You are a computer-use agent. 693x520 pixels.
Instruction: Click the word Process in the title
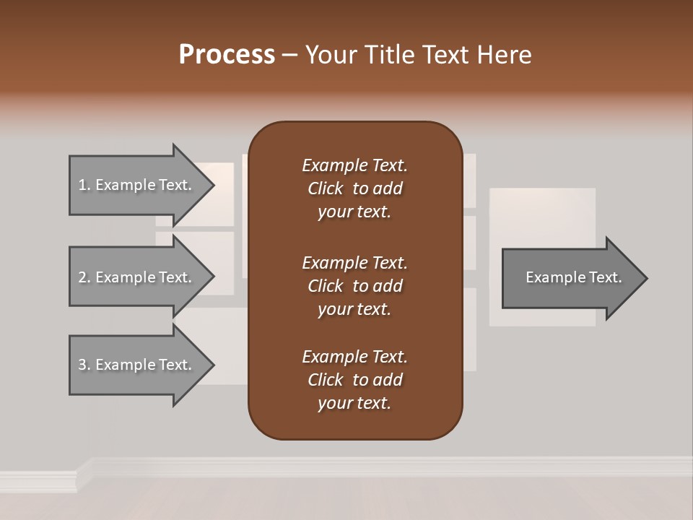[x=227, y=55]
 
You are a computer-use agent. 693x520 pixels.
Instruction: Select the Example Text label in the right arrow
[x=573, y=277]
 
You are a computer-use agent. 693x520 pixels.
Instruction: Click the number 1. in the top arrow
[x=84, y=185]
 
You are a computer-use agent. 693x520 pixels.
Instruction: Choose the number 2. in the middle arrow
[x=84, y=277]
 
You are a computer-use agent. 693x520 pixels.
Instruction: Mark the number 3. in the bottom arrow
[x=84, y=365]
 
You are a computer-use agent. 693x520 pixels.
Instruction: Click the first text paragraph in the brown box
[x=354, y=188]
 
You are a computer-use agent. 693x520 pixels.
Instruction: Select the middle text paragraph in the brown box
[x=354, y=286]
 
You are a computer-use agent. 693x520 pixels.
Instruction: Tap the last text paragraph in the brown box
[x=354, y=380]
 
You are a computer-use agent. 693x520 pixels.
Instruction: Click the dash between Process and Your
[x=289, y=55]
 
